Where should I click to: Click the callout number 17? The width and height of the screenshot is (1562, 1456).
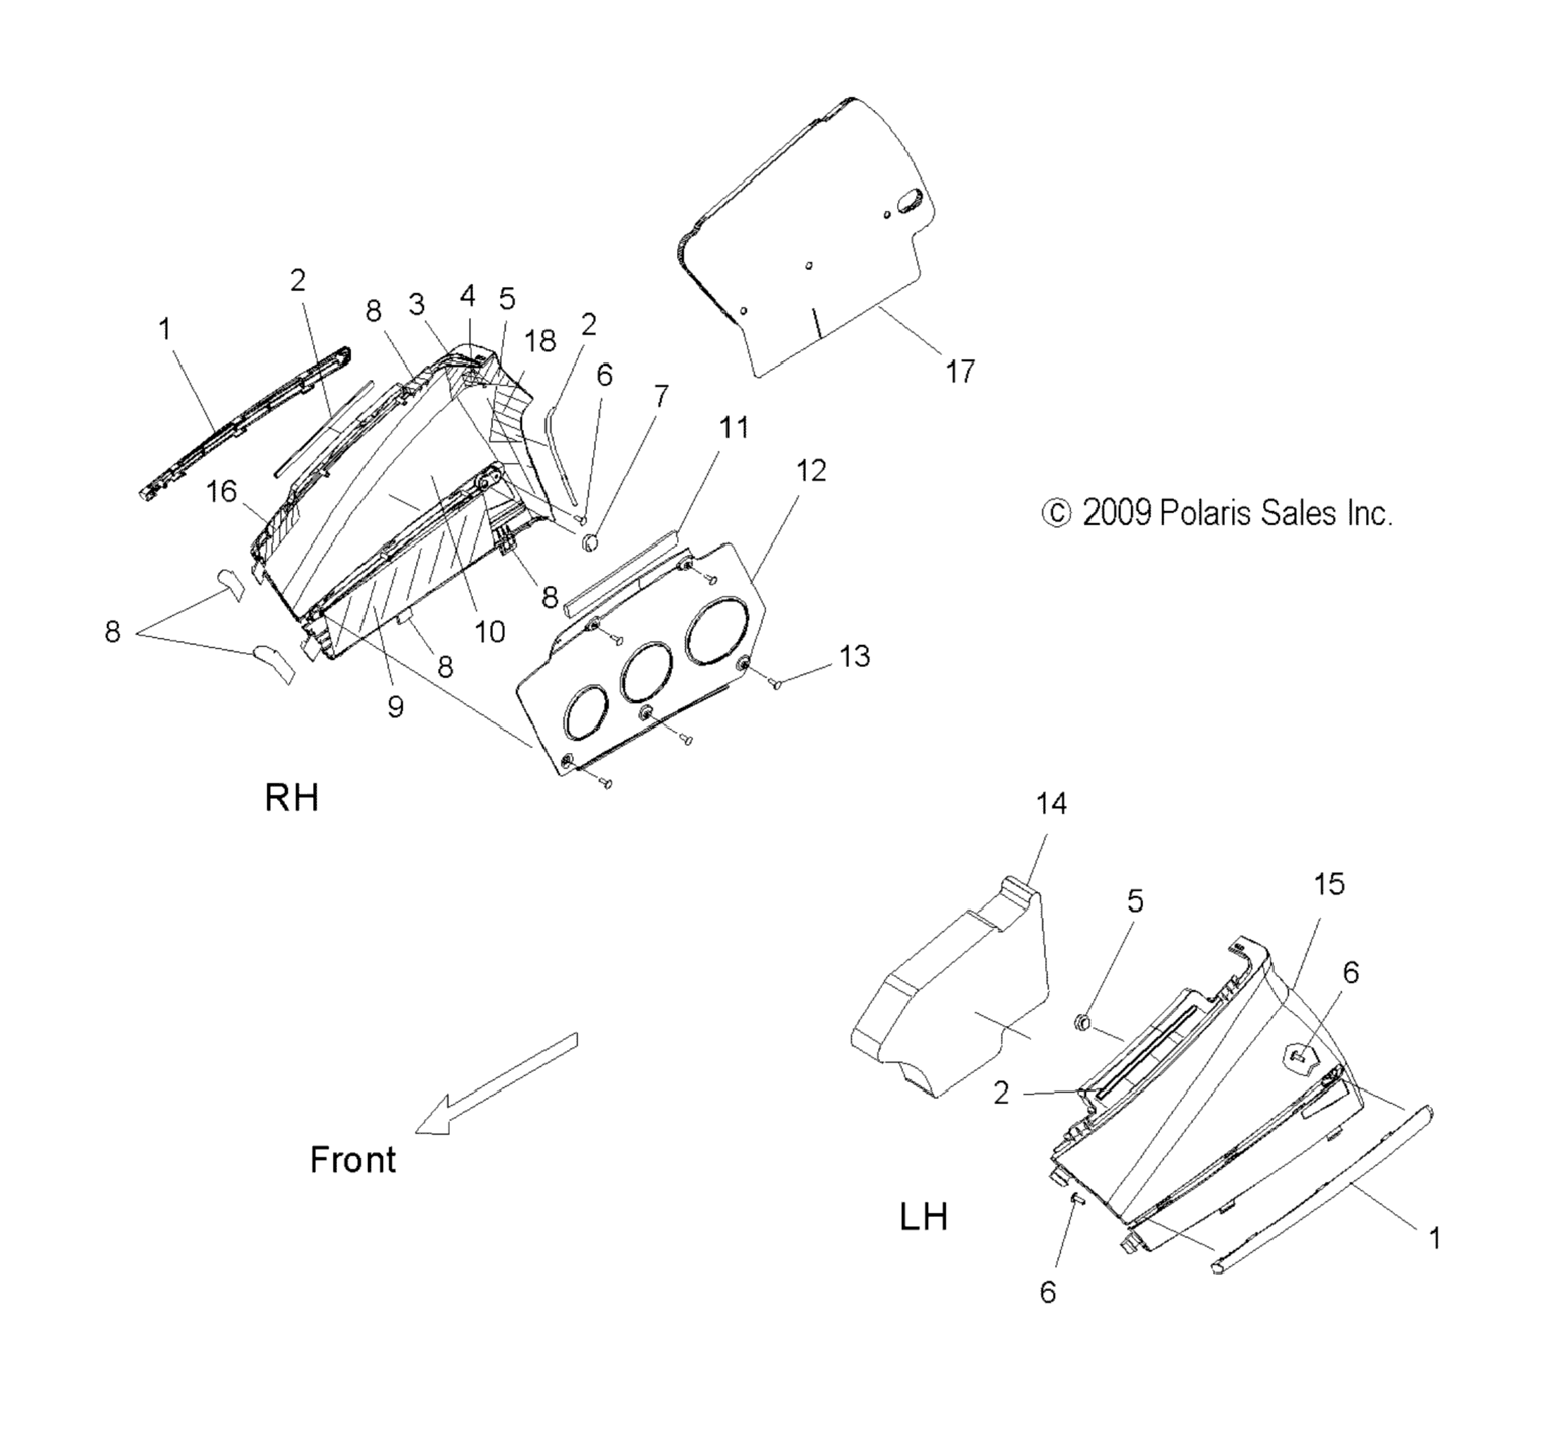tap(959, 371)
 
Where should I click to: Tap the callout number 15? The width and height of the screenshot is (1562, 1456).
tap(1329, 884)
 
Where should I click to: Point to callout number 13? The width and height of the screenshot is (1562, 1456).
tap(855, 656)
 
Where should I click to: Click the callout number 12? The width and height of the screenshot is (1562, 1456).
tap(811, 471)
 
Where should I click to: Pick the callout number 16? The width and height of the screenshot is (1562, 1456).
tap(221, 491)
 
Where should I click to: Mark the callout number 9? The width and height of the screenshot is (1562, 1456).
tap(396, 706)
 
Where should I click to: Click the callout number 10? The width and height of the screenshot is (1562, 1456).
tap(490, 631)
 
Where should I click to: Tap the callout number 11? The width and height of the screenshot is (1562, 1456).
tap(734, 427)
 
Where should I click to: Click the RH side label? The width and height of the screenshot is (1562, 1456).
tap(291, 797)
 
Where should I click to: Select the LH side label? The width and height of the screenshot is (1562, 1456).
tap(923, 1217)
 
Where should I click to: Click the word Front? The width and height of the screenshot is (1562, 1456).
tap(353, 1160)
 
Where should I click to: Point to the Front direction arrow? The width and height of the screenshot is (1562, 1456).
tap(496, 1084)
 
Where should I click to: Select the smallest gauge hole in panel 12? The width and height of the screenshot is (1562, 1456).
tap(585, 713)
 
